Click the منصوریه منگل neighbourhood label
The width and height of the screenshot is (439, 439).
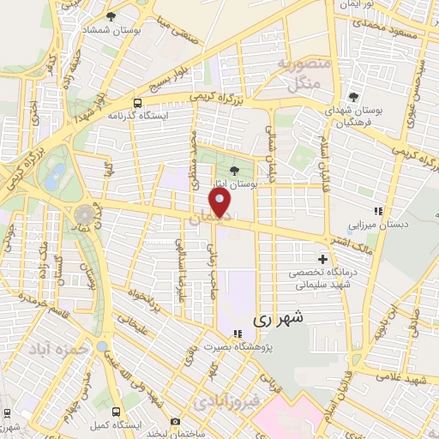point(298,74)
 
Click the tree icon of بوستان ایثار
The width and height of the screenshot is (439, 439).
point(235,170)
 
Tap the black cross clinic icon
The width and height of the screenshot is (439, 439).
point(322,259)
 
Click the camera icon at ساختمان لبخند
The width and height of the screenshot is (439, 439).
point(175,421)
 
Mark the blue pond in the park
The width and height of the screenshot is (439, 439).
point(54,178)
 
